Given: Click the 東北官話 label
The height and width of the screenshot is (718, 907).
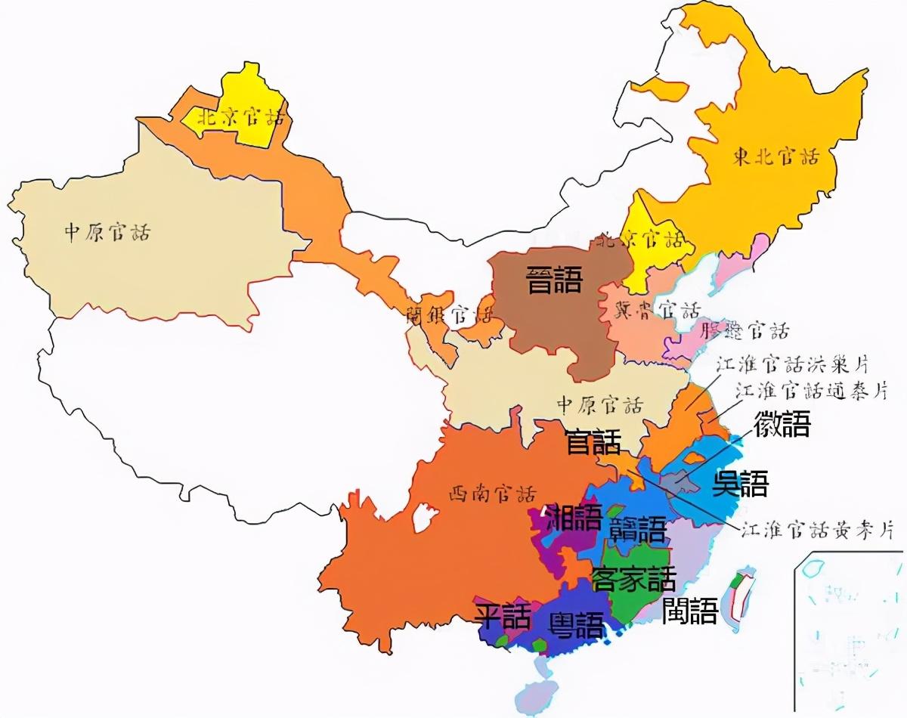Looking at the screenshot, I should coord(775,157).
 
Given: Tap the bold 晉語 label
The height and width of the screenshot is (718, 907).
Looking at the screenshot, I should coord(555,281).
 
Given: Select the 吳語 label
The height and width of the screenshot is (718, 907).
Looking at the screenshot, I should coord(740,484).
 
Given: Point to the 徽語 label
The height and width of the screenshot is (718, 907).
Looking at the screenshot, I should coord(782,424).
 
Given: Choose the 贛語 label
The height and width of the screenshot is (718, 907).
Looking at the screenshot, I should coord(638,529).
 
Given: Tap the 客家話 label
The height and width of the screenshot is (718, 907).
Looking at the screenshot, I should coord(633,580).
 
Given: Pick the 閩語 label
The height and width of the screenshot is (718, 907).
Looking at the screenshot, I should coord(689,611).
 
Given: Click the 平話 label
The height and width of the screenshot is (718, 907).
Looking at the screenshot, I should coord(503,617).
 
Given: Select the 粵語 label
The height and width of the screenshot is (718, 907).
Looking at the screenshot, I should coord(577,625).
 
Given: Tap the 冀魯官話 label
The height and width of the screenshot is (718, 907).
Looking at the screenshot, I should coord(658,310).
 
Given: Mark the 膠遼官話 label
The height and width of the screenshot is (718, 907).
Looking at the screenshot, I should coord(745,330).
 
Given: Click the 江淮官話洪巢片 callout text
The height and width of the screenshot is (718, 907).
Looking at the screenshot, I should coord(791,364).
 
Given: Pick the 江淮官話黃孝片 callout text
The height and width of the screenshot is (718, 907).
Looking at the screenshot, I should coord(816,530).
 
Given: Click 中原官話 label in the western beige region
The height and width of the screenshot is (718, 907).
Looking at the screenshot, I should coord(107,232).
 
